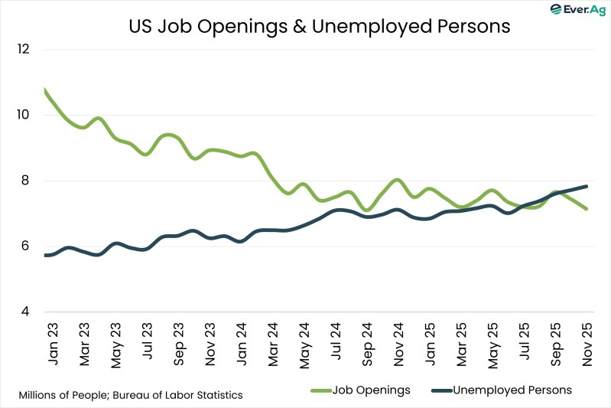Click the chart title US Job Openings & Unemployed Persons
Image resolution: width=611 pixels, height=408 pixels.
tap(319, 26)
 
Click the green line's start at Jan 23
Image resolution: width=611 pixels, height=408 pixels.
tap(46, 91)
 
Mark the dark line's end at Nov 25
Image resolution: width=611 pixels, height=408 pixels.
tap(586, 186)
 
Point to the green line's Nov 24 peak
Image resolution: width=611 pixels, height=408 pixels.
tap(397, 181)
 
